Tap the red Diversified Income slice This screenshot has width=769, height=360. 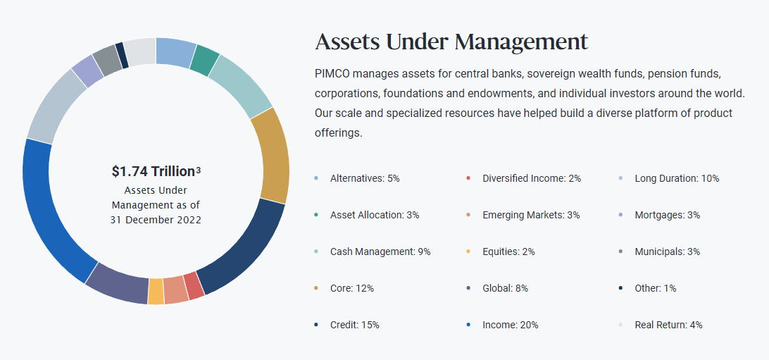(x=194, y=285)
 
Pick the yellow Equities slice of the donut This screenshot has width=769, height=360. (x=156, y=292)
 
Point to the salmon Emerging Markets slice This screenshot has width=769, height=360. (x=175, y=290)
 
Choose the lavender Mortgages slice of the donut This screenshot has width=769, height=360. (x=87, y=70)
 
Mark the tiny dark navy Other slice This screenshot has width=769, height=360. (x=122, y=56)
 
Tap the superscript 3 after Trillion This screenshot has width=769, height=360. (x=198, y=170)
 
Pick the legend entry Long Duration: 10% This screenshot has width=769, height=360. (x=677, y=178)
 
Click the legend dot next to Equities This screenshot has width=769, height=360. (x=468, y=252)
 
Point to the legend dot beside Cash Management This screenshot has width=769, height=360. (x=316, y=252)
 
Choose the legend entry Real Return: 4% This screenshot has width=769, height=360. (x=668, y=325)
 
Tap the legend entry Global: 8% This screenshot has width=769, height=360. (x=505, y=288)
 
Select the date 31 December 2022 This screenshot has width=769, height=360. (x=156, y=220)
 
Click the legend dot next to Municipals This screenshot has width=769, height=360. (x=620, y=252)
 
